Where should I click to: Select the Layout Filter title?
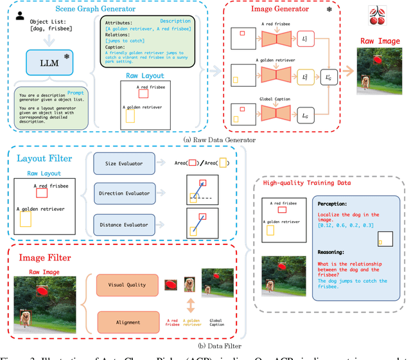tap(44, 158)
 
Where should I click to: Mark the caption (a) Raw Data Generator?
tap(205, 139)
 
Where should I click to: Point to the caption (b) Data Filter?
tap(205, 346)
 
